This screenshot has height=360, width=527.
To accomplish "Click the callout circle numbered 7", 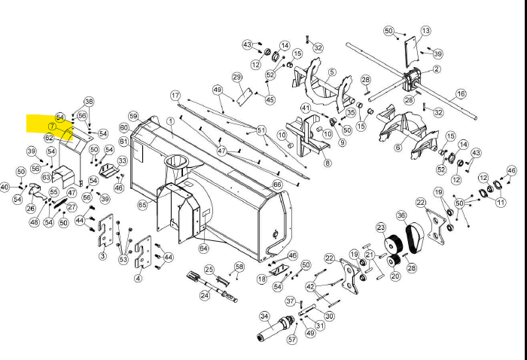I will [53, 126].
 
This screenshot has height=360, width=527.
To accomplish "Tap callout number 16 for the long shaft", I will [461, 94].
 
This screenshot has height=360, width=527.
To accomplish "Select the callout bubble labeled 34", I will [264, 316].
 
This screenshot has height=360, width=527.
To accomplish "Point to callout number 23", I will [381, 227].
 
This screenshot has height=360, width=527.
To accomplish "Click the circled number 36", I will [401, 215].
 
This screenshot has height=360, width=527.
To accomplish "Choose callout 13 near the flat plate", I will [425, 31].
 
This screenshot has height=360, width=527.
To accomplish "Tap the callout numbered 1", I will [171, 121].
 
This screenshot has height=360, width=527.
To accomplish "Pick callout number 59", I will [133, 116].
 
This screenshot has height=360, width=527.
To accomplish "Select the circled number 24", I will [205, 296].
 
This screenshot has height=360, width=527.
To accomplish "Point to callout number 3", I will [102, 257].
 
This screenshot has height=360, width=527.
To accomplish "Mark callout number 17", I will [175, 96].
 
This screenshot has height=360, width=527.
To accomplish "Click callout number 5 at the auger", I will [331, 72].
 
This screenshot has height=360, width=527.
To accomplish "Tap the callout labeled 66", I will [277, 184].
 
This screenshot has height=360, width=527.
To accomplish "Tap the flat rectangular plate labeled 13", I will [410, 50].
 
